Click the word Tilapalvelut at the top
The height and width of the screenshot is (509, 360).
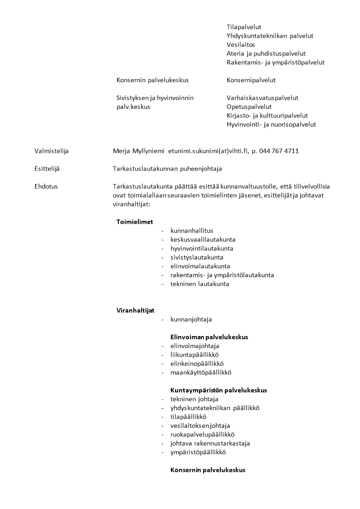point(243,27)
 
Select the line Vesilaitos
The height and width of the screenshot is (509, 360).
point(241,45)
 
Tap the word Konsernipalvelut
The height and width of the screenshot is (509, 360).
point(251,80)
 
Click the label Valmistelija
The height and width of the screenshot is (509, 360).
point(52,151)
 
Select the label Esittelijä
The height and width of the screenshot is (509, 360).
point(47,169)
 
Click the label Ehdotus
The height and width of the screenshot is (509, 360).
point(46,186)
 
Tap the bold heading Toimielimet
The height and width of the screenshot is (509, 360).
point(135,222)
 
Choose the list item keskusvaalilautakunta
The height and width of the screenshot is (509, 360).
point(203,240)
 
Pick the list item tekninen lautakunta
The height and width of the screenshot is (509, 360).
point(199,284)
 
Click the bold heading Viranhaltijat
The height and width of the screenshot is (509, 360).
point(135,310)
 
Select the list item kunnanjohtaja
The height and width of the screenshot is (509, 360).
point(191,319)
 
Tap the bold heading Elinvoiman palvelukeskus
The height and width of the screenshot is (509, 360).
point(209,337)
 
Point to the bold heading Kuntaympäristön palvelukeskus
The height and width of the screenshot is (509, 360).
point(219,390)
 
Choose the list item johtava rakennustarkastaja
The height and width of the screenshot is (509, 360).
point(210,443)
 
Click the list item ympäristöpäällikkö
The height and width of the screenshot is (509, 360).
point(198,452)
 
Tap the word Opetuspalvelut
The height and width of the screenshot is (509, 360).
point(249,107)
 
